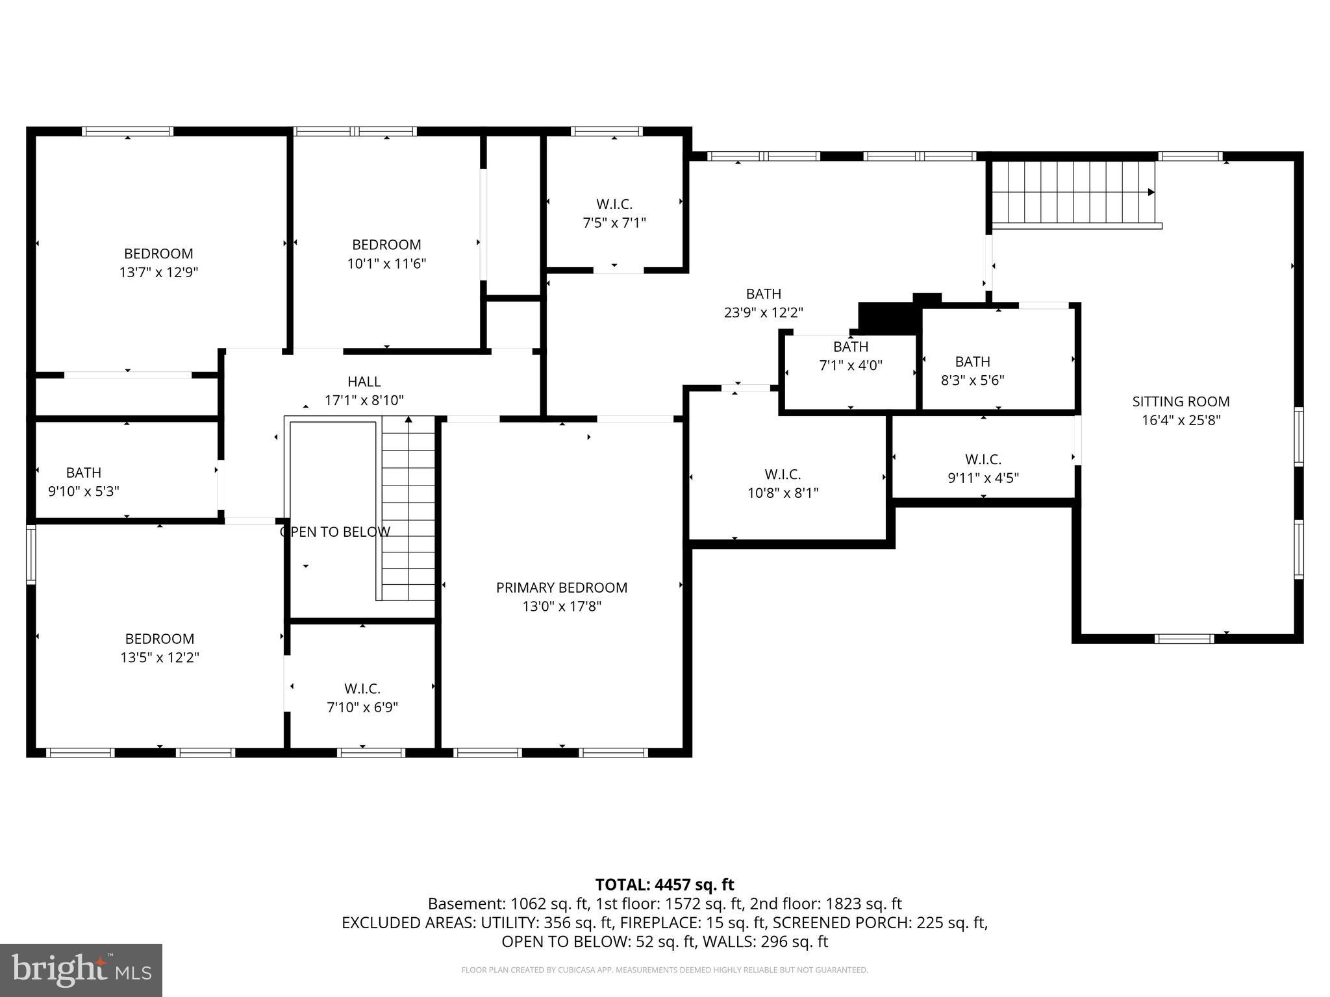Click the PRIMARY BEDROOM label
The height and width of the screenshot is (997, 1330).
click(x=562, y=587)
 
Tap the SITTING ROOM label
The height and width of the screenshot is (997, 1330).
click(x=1181, y=401)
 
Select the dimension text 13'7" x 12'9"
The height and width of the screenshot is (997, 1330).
click(x=158, y=272)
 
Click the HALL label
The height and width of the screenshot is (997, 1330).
click(x=364, y=382)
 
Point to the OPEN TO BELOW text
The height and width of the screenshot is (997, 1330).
click(x=335, y=532)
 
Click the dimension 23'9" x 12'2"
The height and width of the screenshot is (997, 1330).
click(x=763, y=312)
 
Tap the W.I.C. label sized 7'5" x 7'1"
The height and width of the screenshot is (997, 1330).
click(x=614, y=204)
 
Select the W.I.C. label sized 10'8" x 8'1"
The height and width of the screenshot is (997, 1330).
click(x=783, y=474)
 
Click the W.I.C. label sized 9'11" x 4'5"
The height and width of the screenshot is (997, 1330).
click(x=983, y=460)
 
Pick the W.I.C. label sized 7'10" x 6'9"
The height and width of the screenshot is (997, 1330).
click(x=362, y=688)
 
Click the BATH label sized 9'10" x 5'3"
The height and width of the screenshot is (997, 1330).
click(x=84, y=473)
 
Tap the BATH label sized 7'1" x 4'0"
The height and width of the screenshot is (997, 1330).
click(x=850, y=347)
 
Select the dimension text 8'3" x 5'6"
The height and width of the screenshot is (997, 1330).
click(x=972, y=380)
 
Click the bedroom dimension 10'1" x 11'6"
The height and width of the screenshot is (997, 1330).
click(x=386, y=264)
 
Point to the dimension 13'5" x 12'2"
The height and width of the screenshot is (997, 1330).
click(x=159, y=658)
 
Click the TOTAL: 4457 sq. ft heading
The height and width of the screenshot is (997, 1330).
click(x=664, y=884)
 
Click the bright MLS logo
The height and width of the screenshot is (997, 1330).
click(x=81, y=970)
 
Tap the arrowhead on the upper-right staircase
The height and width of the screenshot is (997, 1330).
click(x=1151, y=192)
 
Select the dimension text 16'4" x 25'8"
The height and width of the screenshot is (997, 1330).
click(x=1181, y=420)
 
